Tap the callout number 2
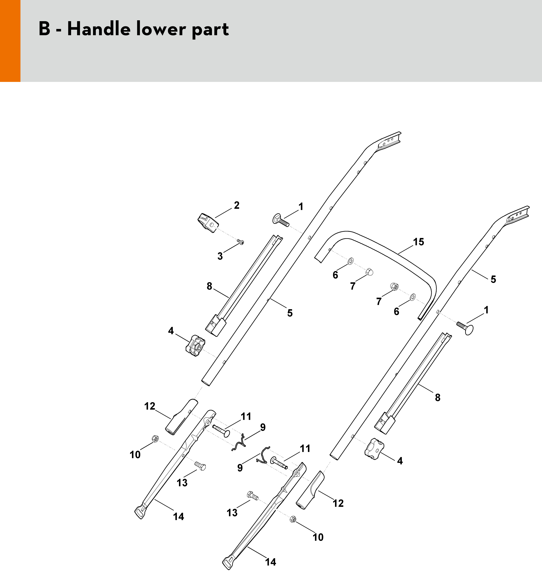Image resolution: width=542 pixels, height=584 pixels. point(237,205)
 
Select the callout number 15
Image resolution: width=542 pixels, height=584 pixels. point(419,242)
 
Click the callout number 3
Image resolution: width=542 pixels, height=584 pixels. point(220,256)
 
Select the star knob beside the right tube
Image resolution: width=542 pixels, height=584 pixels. point(374,449)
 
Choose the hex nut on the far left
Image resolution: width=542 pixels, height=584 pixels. point(155,439)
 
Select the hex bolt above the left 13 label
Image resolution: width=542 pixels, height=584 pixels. point(200,465)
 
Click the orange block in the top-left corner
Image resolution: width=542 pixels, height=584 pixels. point(10,41)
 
